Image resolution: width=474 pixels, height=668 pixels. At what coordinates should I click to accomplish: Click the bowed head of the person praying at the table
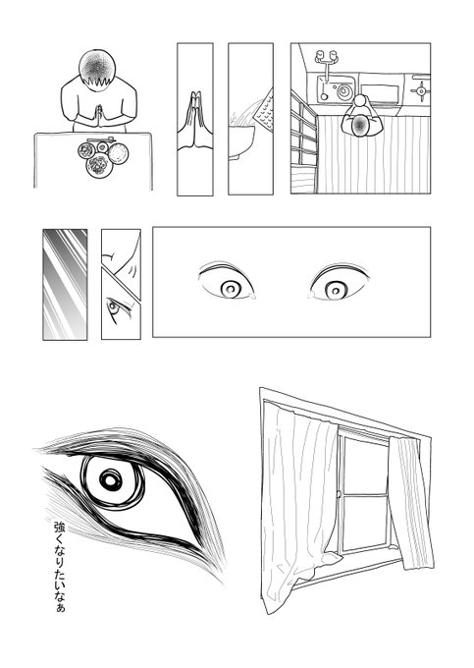click(97, 69)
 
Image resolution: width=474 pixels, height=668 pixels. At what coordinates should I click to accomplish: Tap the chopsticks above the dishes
click(101, 139)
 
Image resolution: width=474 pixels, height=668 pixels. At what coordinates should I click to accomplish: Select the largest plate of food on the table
click(99, 166)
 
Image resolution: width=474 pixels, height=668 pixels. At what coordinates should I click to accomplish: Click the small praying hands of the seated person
click(99, 115)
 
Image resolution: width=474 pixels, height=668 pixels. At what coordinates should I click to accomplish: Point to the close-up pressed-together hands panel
click(195, 119)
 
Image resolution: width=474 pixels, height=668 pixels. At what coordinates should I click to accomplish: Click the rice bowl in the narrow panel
click(242, 140)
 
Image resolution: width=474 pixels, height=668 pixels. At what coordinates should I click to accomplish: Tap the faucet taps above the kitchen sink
click(327, 58)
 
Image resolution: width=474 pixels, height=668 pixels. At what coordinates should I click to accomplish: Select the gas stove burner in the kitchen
click(421, 90)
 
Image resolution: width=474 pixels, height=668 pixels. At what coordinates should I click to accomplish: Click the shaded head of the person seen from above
click(361, 125)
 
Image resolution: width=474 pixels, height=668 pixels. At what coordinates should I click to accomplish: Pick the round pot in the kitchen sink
click(343, 91)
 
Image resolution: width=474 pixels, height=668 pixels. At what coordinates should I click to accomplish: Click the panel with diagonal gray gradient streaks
click(65, 285)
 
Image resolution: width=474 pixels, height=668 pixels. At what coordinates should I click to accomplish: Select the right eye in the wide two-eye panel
click(338, 283)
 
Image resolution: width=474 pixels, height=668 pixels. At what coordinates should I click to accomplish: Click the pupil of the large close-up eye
click(111, 480)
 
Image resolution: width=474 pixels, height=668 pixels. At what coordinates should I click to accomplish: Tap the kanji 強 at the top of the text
click(60, 527)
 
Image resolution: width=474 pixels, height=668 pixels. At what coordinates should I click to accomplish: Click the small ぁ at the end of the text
click(61, 607)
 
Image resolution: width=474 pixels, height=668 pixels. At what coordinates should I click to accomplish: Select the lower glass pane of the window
click(365, 522)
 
